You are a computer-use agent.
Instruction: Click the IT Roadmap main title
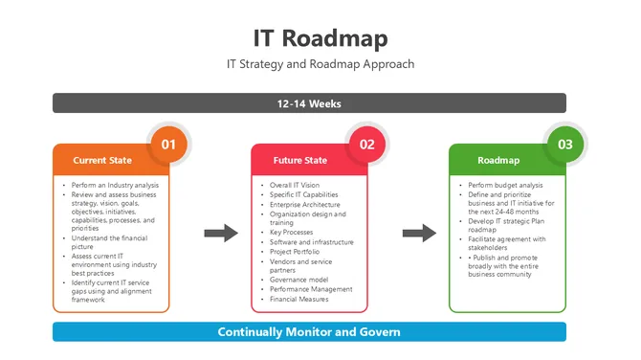(320, 38)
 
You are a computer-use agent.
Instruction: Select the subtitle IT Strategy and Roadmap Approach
(320, 65)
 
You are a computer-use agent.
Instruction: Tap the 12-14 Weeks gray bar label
(309, 103)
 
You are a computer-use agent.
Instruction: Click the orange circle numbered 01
(169, 145)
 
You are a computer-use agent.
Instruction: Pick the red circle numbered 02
(367, 145)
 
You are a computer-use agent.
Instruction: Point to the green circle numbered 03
(565, 145)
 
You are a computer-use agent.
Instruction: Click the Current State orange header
(102, 160)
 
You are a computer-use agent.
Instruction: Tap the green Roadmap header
(498, 160)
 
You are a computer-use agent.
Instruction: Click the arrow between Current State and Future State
(221, 233)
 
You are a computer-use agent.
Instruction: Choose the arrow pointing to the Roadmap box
(419, 233)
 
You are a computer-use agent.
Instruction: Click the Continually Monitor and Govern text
(309, 332)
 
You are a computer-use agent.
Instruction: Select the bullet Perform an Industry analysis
(113, 184)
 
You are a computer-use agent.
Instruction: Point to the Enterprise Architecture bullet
(304, 204)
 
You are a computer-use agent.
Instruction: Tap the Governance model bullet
(298, 280)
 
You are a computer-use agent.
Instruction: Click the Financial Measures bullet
(300, 299)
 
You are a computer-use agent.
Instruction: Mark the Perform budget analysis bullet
(505, 184)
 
